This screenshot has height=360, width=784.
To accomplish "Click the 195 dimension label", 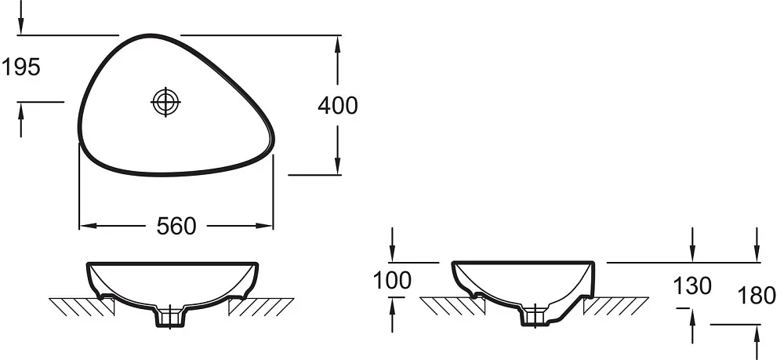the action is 21,67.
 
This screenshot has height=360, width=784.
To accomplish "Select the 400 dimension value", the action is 338,106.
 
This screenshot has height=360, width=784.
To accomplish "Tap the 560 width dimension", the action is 176,226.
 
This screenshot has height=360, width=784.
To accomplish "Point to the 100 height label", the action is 393,281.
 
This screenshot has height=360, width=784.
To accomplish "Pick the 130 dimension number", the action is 692,286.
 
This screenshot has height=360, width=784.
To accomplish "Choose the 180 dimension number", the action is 757,296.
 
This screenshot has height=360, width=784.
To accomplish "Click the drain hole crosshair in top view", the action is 165,102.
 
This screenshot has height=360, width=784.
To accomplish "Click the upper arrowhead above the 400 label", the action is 337,45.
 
